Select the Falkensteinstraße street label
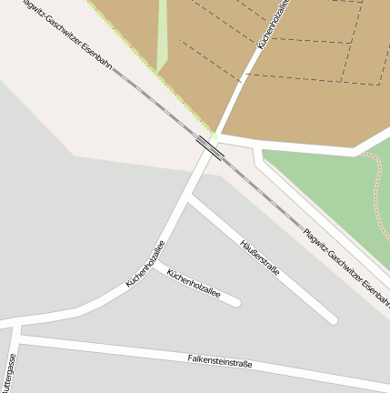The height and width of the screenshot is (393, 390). click(219, 361)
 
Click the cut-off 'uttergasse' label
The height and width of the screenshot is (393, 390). click(9, 373)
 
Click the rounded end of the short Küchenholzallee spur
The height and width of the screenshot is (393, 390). click(235, 301)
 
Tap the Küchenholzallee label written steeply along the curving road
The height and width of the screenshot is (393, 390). click(145, 264)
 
